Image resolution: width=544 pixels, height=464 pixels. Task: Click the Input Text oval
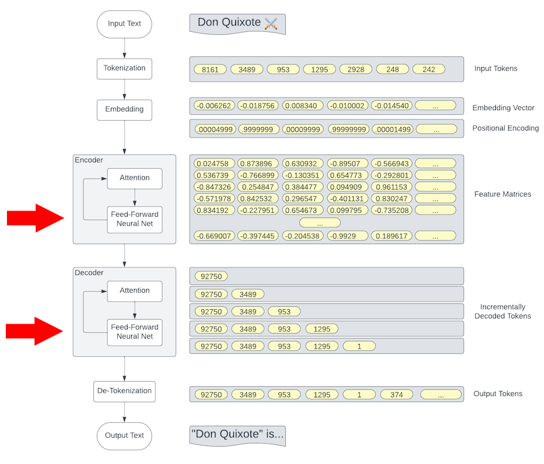(124, 24)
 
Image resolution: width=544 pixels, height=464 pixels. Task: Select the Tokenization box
(124, 68)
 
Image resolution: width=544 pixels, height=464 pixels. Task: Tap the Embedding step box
(124, 109)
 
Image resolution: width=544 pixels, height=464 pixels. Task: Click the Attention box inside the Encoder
(135, 178)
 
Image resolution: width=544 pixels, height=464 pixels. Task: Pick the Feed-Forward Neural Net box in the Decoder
(135, 332)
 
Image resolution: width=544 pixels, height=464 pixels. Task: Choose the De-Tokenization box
(124, 391)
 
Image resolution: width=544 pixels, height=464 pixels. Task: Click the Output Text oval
(124, 436)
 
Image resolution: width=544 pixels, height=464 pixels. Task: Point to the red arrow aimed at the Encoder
(35, 218)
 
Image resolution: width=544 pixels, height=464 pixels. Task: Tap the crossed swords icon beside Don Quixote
(271, 23)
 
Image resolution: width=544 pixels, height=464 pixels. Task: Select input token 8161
(211, 70)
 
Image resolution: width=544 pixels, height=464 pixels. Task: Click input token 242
(429, 70)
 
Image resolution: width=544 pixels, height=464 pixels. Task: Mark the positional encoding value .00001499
(391, 129)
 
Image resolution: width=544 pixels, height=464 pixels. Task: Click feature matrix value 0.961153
(391, 187)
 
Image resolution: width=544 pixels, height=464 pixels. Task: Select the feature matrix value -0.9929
(347, 236)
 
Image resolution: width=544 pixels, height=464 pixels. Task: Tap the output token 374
(397, 394)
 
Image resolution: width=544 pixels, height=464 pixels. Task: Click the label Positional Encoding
(505, 128)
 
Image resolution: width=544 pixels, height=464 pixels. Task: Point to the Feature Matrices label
(502, 194)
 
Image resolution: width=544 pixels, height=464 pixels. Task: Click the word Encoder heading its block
(89, 160)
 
